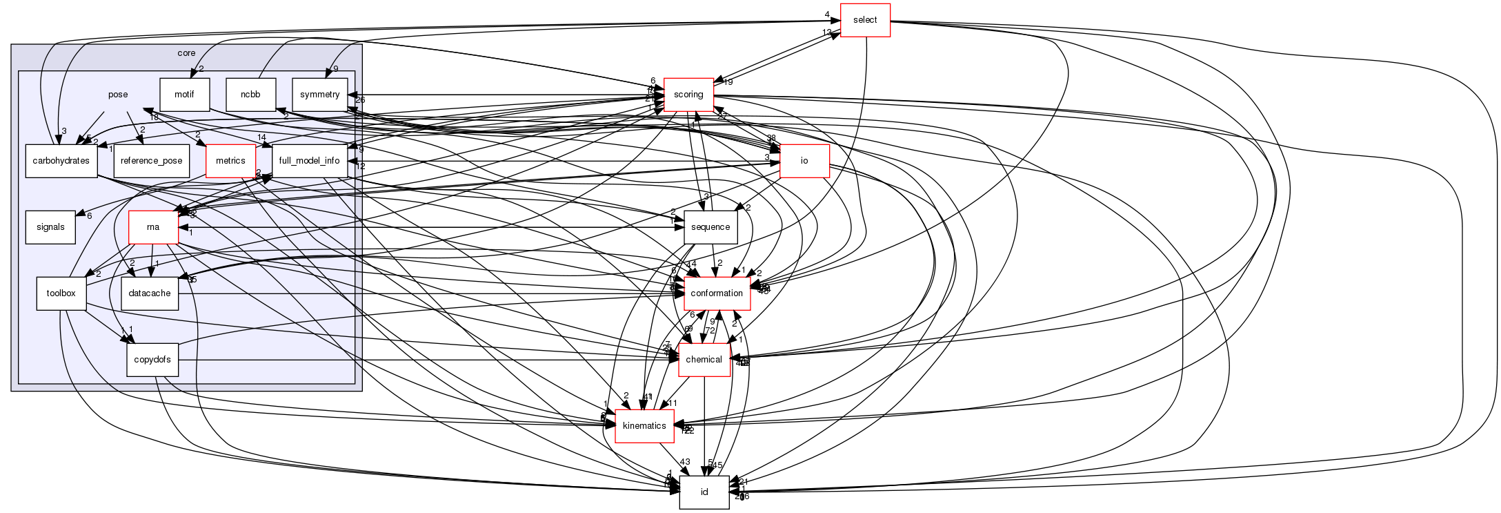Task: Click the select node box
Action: coord(864,20)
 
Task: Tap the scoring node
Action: coord(688,95)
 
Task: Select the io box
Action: coord(804,161)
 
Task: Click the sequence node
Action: coord(710,227)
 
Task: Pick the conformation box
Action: coord(716,293)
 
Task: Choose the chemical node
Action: coord(704,360)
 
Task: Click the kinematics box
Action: coord(644,426)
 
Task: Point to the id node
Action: coord(704,492)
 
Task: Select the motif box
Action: coord(184,95)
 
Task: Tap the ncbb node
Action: coord(250,95)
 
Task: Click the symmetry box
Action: coord(319,95)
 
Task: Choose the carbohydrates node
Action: coord(61,161)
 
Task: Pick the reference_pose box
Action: coord(151,161)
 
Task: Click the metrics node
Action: coord(230,161)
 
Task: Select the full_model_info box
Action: coord(309,161)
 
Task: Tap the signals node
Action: coord(50,227)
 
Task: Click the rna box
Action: coord(153,227)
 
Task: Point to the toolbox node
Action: coord(61,293)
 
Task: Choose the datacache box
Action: coord(150,293)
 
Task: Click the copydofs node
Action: coord(152,360)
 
